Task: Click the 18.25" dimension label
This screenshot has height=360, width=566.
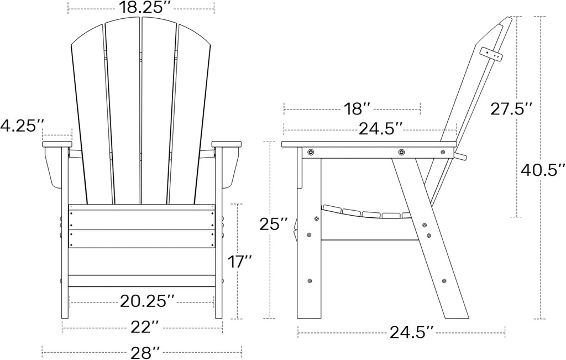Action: point(141,7)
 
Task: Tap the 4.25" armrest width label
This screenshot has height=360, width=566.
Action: point(22,126)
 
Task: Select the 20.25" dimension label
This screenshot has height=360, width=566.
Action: point(142,301)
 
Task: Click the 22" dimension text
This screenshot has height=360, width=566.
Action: point(142,327)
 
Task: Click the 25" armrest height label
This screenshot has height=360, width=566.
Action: point(274,224)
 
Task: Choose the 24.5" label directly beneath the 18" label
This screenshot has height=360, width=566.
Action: point(380,129)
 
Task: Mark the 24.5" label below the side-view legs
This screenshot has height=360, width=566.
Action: point(411,332)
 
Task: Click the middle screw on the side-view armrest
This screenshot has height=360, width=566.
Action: point(401,152)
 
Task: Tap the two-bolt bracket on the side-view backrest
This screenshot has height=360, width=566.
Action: point(491,53)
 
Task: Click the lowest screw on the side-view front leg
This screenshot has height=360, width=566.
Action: point(310,281)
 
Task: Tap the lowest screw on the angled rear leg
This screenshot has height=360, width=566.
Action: point(445,281)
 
